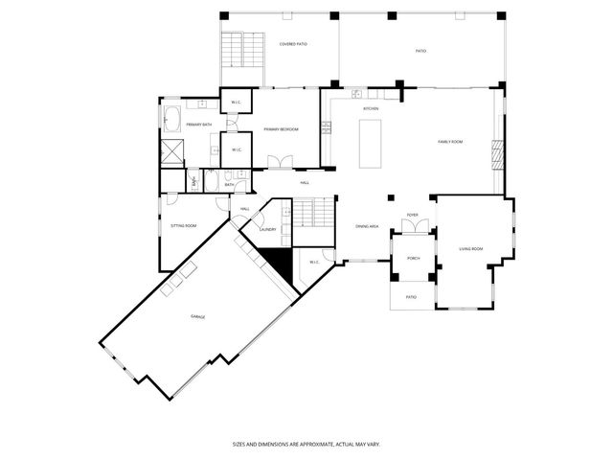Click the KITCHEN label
[371, 109]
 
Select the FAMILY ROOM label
[450, 142]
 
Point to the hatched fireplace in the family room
[496, 154]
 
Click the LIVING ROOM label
[470, 249]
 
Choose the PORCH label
[413, 259]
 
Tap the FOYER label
[412, 216]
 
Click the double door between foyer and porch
[412, 230]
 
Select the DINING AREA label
[368, 227]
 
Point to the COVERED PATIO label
[293, 44]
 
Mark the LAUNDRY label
[268, 230]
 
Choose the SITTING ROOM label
[184, 226]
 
